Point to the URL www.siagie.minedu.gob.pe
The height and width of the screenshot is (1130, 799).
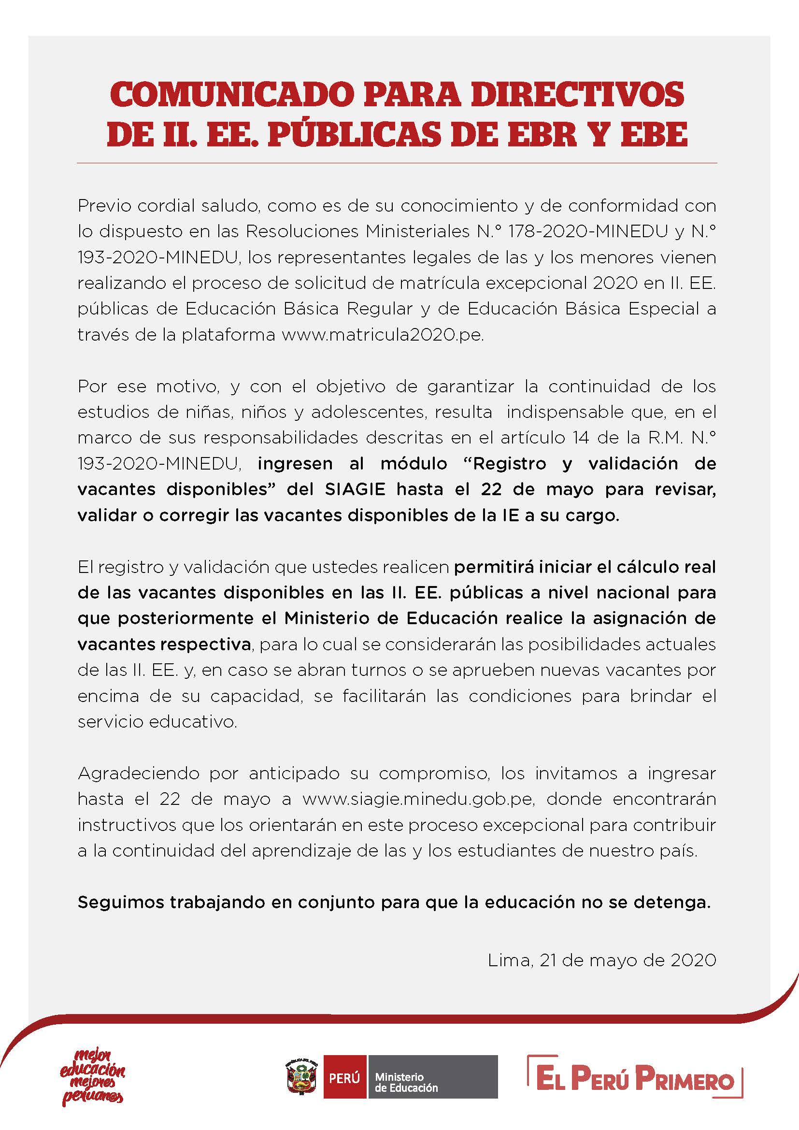[x=418, y=799]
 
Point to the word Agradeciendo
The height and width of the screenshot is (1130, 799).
[x=138, y=773]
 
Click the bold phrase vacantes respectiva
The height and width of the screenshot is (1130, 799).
[x=164, y=644]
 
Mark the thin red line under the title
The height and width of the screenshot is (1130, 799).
[x=397, y=163]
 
